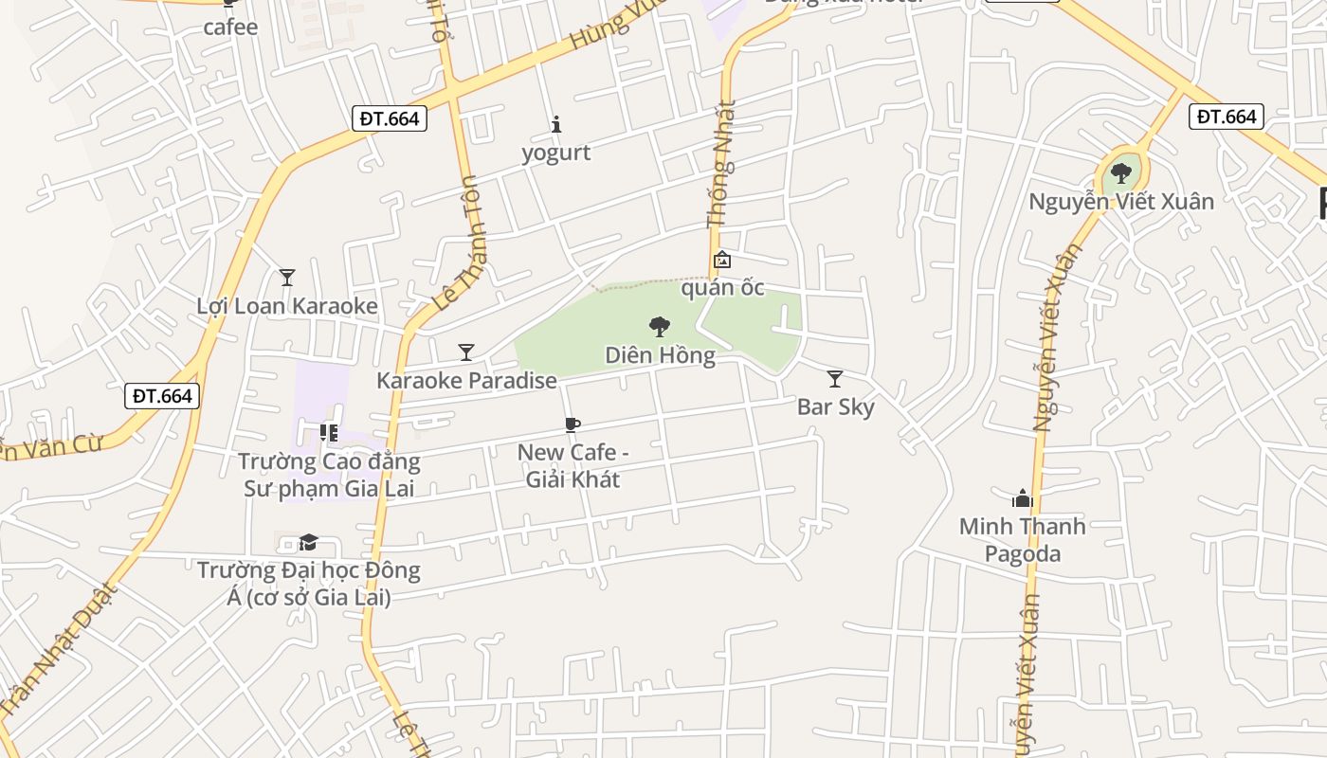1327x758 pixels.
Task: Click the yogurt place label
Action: point(555,153)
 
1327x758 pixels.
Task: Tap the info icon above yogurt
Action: point(556,124)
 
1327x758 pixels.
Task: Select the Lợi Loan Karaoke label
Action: point(287,306)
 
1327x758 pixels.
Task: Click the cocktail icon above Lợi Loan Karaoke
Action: point(287,278)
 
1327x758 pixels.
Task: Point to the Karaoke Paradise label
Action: point(466,381)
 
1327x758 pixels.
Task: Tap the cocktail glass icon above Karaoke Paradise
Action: point(465,352)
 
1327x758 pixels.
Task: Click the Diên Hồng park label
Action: point(660,356)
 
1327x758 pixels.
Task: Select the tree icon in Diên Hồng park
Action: point(660,328)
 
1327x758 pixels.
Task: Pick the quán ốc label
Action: point(722,288)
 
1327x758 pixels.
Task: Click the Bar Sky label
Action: point(835,407)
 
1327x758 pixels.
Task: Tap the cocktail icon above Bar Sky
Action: point(835,379)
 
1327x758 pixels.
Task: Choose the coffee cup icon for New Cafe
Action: point(572,425)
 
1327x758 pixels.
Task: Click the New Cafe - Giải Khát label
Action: point(573,466)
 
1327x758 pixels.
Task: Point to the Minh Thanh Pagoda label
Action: point(1022,540)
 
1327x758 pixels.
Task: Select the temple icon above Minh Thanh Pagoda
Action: point(1022,498)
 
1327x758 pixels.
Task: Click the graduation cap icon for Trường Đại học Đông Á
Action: point(308,543)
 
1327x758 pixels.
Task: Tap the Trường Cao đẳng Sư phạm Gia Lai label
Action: point(329,476)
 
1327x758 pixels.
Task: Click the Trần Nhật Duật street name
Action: point(59,650)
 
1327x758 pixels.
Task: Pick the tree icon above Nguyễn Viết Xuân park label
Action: point(1121,173)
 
